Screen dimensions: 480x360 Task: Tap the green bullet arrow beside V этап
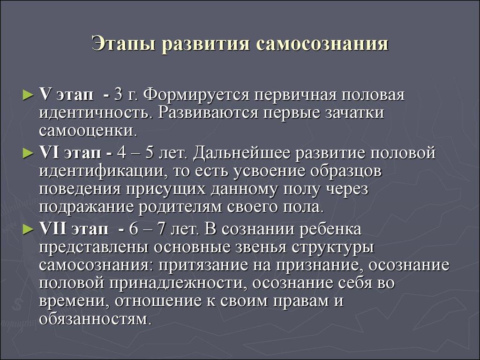[x=28, y=96]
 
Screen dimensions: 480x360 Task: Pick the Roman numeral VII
[x=52, y=229]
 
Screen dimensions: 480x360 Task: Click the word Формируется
[x=196, y=96]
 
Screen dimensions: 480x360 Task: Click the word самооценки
[x=87, y=131]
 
